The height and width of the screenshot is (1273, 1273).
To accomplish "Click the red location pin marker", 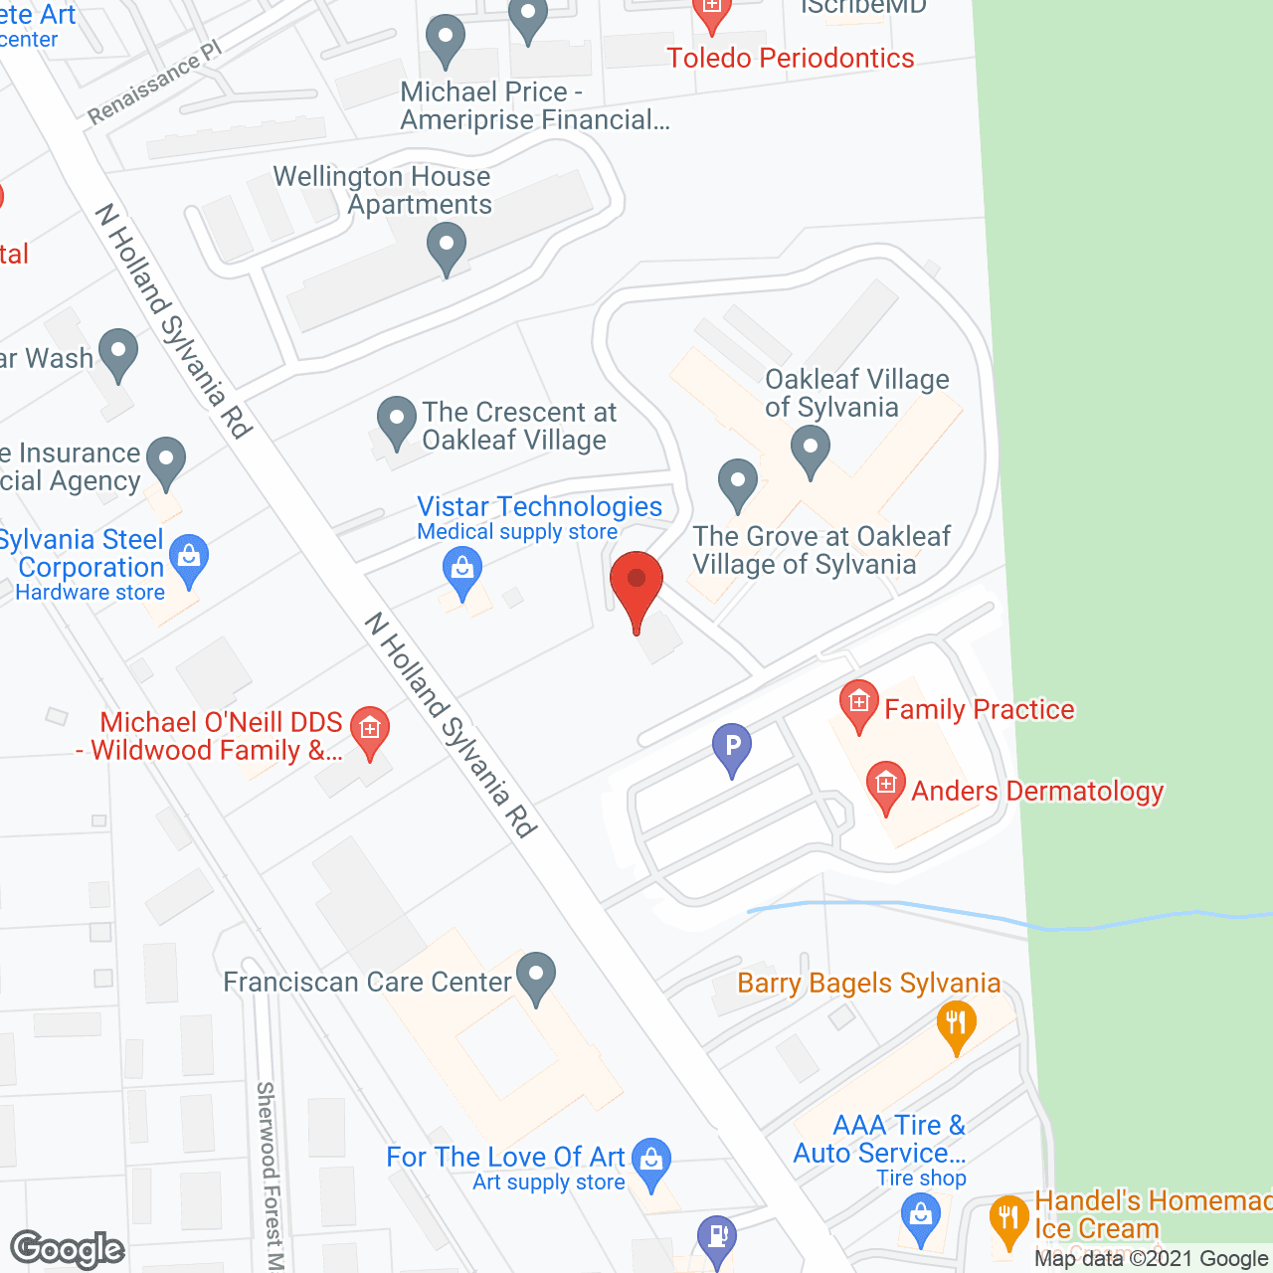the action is (636, 582).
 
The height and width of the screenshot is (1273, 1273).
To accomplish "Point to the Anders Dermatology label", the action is (1037, 792).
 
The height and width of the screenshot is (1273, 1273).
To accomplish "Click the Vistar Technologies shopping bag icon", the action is (461, 571).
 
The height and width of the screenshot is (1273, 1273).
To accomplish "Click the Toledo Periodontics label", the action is (791, 59).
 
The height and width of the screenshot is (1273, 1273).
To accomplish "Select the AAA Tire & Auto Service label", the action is (880, 1140).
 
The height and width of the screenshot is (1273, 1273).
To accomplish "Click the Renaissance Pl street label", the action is (154, 84).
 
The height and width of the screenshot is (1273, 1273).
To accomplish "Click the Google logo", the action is (68, 1249).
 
